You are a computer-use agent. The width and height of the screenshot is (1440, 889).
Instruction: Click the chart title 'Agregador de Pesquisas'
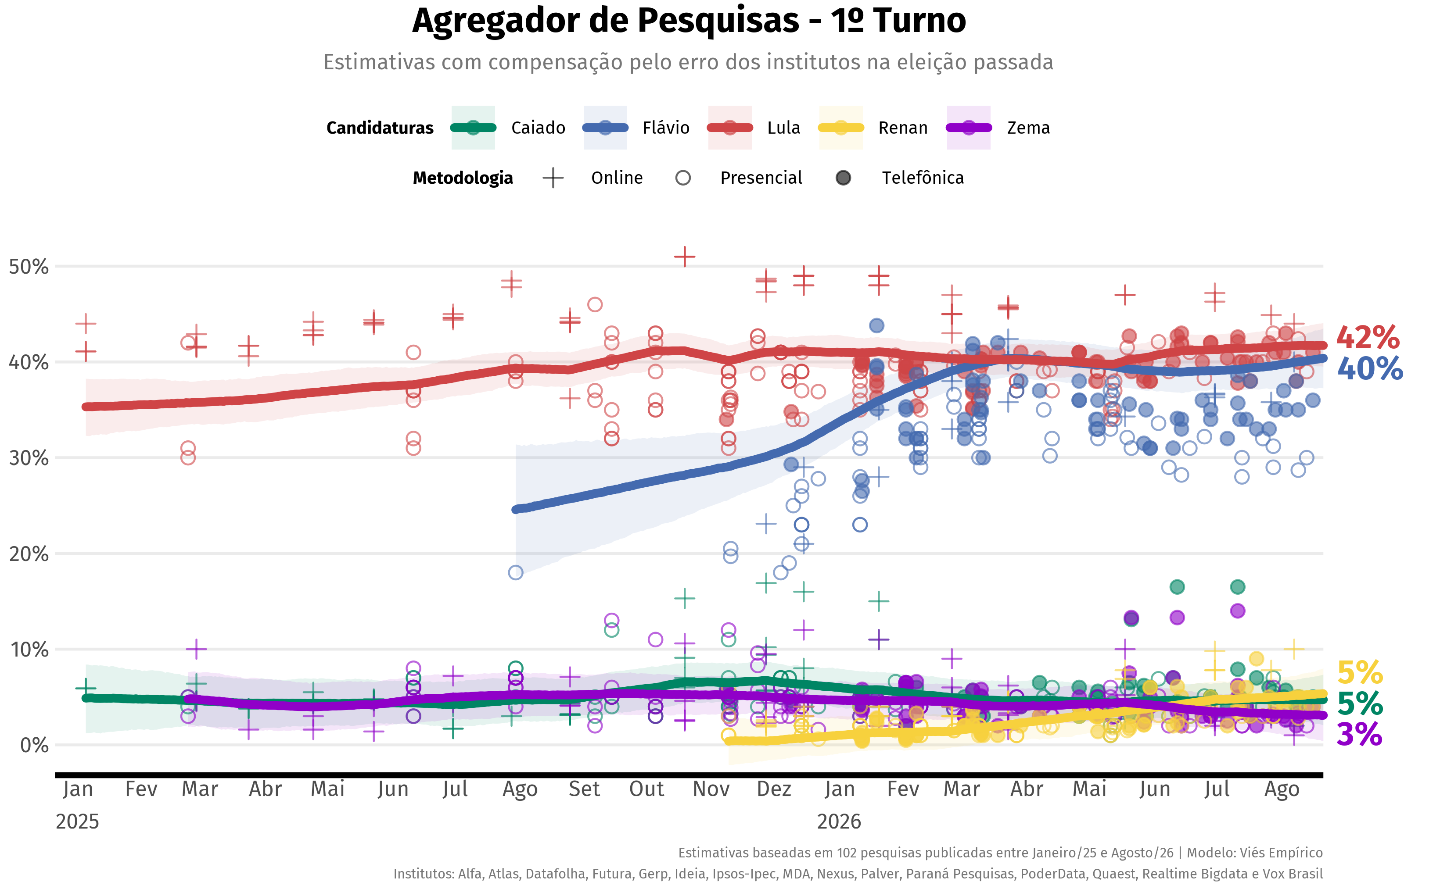605,21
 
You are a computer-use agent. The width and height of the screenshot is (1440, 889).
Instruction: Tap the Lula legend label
783,128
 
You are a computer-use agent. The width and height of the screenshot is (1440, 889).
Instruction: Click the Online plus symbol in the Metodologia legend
553,178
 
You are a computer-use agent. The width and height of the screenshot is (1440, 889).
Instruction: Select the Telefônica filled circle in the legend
843,178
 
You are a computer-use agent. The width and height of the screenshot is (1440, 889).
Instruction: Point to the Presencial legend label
761,178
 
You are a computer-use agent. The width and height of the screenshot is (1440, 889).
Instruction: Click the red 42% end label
1368,338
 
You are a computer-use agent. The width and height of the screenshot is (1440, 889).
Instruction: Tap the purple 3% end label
1359,734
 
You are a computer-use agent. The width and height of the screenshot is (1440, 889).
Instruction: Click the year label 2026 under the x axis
839,821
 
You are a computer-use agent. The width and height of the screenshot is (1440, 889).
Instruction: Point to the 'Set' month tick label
584,789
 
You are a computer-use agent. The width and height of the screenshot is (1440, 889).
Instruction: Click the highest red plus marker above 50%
685,257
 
